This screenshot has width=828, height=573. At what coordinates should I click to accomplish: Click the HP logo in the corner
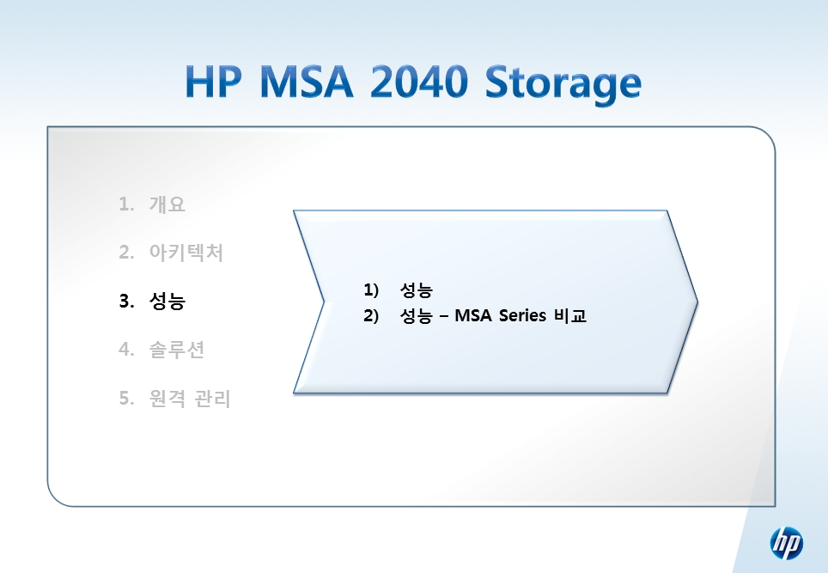[x=786, y=544]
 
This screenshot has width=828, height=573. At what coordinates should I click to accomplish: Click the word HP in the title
[x=213, y=82]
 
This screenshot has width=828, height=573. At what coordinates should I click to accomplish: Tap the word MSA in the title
[x=307, y=82]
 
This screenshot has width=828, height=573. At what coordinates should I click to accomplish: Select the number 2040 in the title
[x=419, y=82]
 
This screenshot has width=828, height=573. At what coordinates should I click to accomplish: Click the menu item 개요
[x=167, y=204]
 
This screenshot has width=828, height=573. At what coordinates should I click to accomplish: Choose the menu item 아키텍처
[x=186, y=253]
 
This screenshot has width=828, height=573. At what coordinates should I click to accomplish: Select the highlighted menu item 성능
[x=167, y=301]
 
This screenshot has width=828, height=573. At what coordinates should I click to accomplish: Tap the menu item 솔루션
[x=177, y=350]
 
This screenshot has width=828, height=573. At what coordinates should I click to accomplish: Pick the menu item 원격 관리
[x=190, y=399]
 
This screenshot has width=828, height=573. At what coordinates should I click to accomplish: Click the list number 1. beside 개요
[x=127, y=204]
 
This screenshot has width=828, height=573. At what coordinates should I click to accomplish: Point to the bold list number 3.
[x=127, y=301]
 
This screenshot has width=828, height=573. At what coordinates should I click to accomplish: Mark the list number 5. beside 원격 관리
[x=127, y=399]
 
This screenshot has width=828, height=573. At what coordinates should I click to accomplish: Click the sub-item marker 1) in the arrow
[x=371, y=290]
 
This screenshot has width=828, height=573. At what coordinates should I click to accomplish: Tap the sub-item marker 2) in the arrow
[x=371, y=315]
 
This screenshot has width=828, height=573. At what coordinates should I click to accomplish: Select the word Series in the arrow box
[x=522, y=315]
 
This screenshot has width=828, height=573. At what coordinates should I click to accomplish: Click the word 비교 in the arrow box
[x=570, y=315]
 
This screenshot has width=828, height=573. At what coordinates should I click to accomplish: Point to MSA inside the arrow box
[x=473, y=315]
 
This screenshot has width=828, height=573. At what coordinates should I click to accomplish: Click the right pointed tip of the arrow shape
[x=697, y=302]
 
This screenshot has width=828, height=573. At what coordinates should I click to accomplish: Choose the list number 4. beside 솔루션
[x=127, y=350]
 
